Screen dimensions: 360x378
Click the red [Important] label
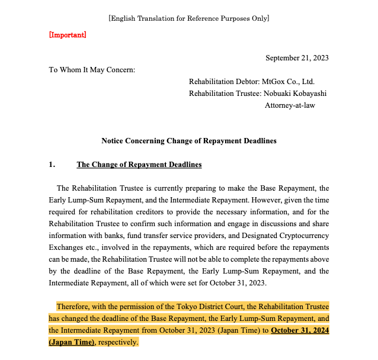pyautogui.click(x=67, y=35)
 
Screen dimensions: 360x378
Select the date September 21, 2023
pyautogui.click(x=297, y=58)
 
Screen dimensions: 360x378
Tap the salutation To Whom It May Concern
pyautogui.click(x=92, y=70)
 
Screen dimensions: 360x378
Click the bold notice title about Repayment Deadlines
pyautogui.click(x=188, y=141)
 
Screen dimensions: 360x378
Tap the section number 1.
pyautogui.click(x=52, y=165)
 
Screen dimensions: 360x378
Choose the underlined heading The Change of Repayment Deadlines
pyautogui.click(x=139, y=165)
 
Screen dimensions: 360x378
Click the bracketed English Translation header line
pyautogui.click(x=188, y=18)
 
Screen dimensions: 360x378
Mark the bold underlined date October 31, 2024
pyautogui.click(x=300, y=330)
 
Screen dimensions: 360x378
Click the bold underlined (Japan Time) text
pyautogui.click(x=72, y=342)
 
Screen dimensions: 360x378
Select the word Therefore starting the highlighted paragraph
pyautogui.click(x=75, y=307)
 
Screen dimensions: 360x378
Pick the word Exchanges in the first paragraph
pyautogui.click(x=67, y=247)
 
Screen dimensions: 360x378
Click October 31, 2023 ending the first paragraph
pyautogui.click(x=237, y=283)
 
